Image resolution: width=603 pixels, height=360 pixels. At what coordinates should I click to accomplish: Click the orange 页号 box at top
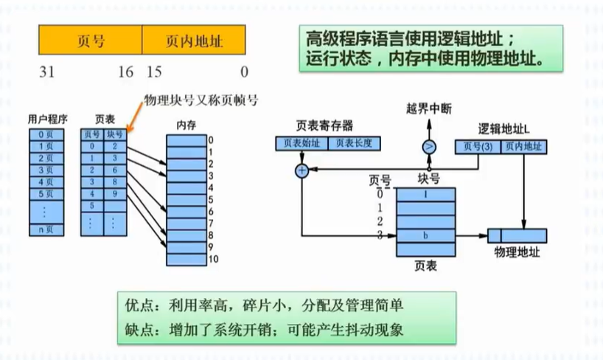pyautogui.click(x=90, y=41)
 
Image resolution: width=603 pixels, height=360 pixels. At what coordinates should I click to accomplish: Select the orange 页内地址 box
pyautogui.click(x=195, y=41)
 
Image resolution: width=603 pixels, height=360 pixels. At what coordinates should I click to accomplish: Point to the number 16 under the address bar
pyautogui.click(x=125, y=72)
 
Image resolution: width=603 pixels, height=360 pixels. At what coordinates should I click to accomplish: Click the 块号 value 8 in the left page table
pyautogui.click(x=115, y=181)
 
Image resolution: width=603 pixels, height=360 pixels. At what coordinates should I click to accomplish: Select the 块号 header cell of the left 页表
pyautogui.click(x=115, y=134)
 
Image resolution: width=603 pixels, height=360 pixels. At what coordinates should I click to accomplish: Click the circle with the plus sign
pyautogui.click(x=301, y=171)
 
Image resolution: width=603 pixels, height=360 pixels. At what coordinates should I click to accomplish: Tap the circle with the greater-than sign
pyautogui.click(x=429, y=146)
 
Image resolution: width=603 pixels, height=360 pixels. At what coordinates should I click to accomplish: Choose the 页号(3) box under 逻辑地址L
pyautogui.click(x=478, y=146)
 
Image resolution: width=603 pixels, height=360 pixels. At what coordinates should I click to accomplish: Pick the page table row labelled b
pyautogui.click(x=425, y=235)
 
